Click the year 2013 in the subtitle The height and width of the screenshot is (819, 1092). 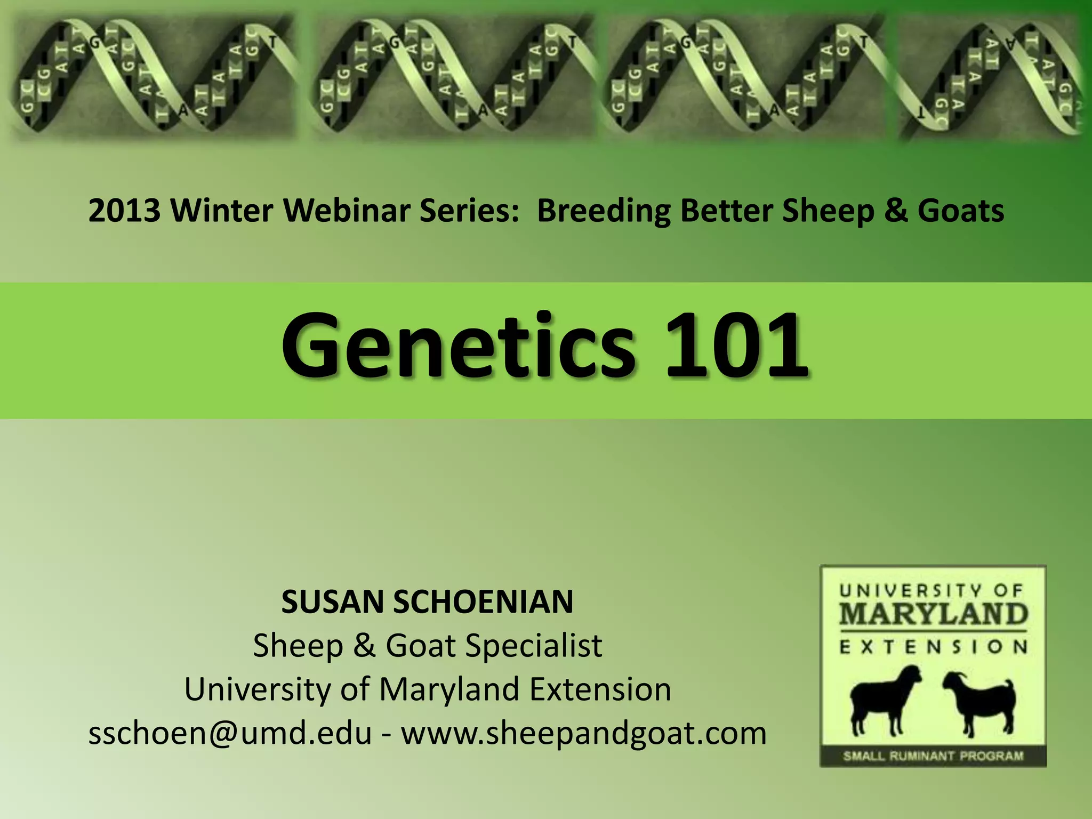coord(124,211)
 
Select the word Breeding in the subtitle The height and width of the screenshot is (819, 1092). coord(603,211)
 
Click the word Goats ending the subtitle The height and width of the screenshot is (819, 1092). coord(960,211)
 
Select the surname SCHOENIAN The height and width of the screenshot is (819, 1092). coord(483,602)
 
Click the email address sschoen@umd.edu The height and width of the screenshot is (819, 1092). coord(229,733)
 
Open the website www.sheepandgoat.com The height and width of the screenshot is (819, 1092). coord(584,733)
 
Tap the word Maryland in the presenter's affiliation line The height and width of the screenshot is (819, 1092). coord(449,689)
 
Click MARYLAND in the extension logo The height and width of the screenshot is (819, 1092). coord(933,614)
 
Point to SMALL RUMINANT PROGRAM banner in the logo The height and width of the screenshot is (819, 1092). coord(933,756)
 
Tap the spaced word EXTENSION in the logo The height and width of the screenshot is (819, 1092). coord(933,647)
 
